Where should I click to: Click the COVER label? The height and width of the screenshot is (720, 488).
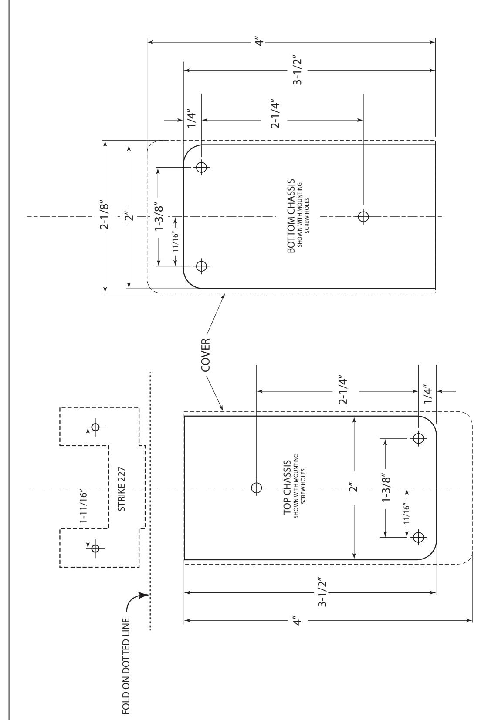point(205,354)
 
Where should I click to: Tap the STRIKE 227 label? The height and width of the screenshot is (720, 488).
point(121,488)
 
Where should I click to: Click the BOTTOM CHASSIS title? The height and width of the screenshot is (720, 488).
point(291,216)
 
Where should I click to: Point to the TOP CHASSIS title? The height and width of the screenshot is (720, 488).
point(287,487)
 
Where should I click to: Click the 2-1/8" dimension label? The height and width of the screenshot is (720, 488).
point(105,216)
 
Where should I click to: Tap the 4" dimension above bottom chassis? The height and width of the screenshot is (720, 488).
point(260,42)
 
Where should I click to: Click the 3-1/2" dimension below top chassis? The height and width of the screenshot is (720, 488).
point(323,593)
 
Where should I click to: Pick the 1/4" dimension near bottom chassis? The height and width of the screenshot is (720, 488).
point(192,120)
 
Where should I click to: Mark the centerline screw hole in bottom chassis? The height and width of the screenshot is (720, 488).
point(363,216)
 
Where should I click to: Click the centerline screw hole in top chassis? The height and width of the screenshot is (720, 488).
point(256,488)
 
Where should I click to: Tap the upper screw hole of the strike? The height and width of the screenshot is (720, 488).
point(95,427)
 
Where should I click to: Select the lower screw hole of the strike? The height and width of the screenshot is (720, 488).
point(95,548)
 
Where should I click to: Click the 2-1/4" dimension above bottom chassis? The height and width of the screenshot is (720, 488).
point(274,114)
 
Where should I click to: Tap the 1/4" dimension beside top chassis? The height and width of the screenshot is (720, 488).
point(427,394)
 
